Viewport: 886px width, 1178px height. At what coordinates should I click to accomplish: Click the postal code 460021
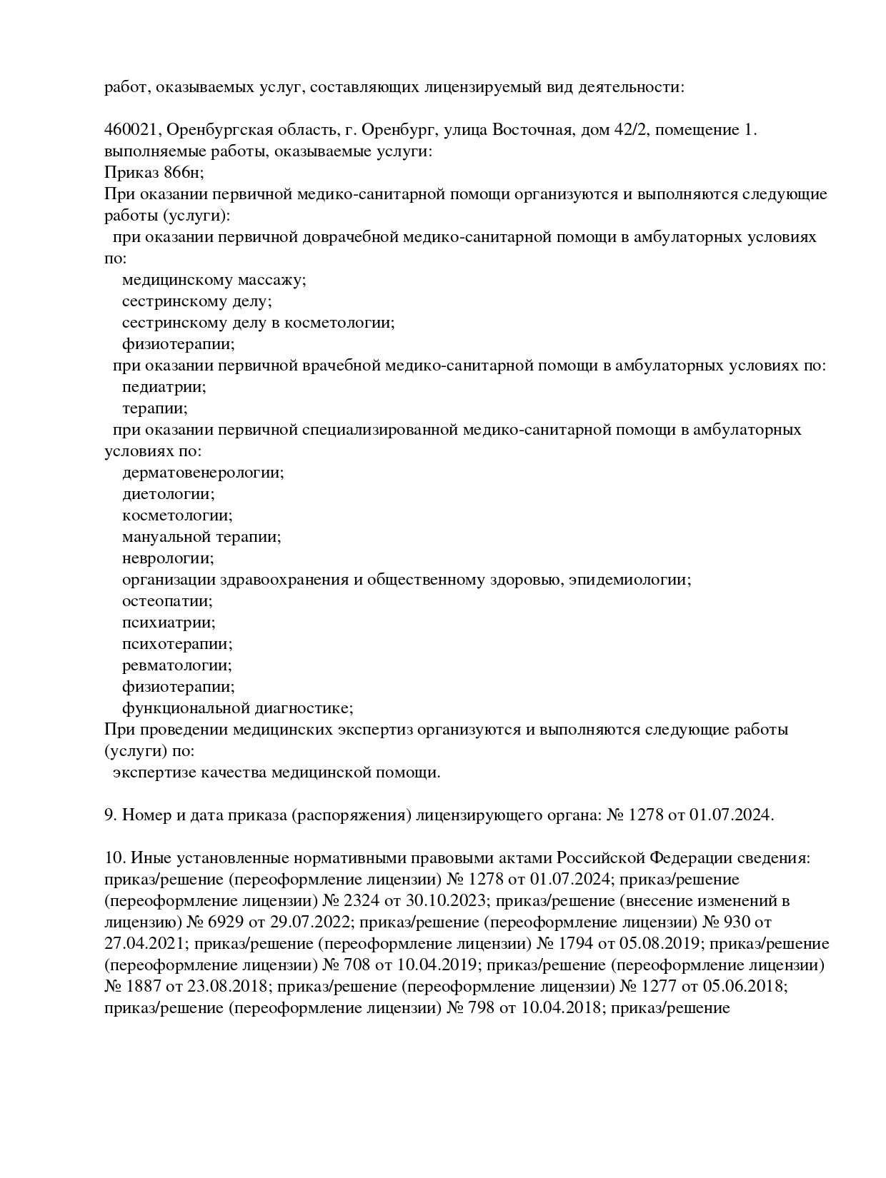tap(132, 130)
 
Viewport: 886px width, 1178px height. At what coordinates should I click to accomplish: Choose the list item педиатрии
tap(164, 387)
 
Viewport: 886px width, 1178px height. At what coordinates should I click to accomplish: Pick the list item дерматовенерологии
tap(203, 473)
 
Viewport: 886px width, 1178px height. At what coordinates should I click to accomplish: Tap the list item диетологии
tap(168, 494)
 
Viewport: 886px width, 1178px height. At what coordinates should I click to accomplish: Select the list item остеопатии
tap(167, 601)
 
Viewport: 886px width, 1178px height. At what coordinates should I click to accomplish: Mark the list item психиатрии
tap(169, 623)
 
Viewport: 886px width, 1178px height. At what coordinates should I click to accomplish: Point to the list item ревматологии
tap(177, 665)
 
